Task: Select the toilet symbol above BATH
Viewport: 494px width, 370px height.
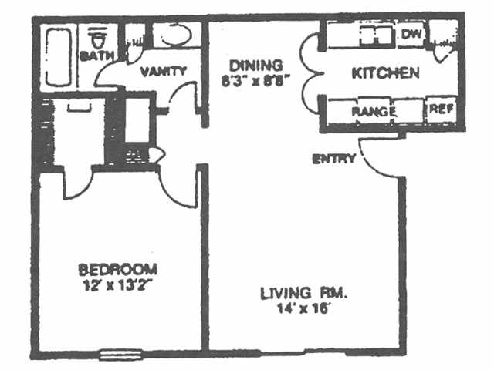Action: (x=98, y=37)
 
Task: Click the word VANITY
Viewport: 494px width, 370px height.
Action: (x=163, y=71)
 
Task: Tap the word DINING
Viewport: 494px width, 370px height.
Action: (x=255, y=65)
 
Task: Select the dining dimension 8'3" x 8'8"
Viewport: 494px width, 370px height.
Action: (x=255, y=79)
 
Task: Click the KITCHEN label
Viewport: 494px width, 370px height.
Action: (x=385, y=73)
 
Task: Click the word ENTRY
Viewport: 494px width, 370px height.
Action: (x=333, y=160)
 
